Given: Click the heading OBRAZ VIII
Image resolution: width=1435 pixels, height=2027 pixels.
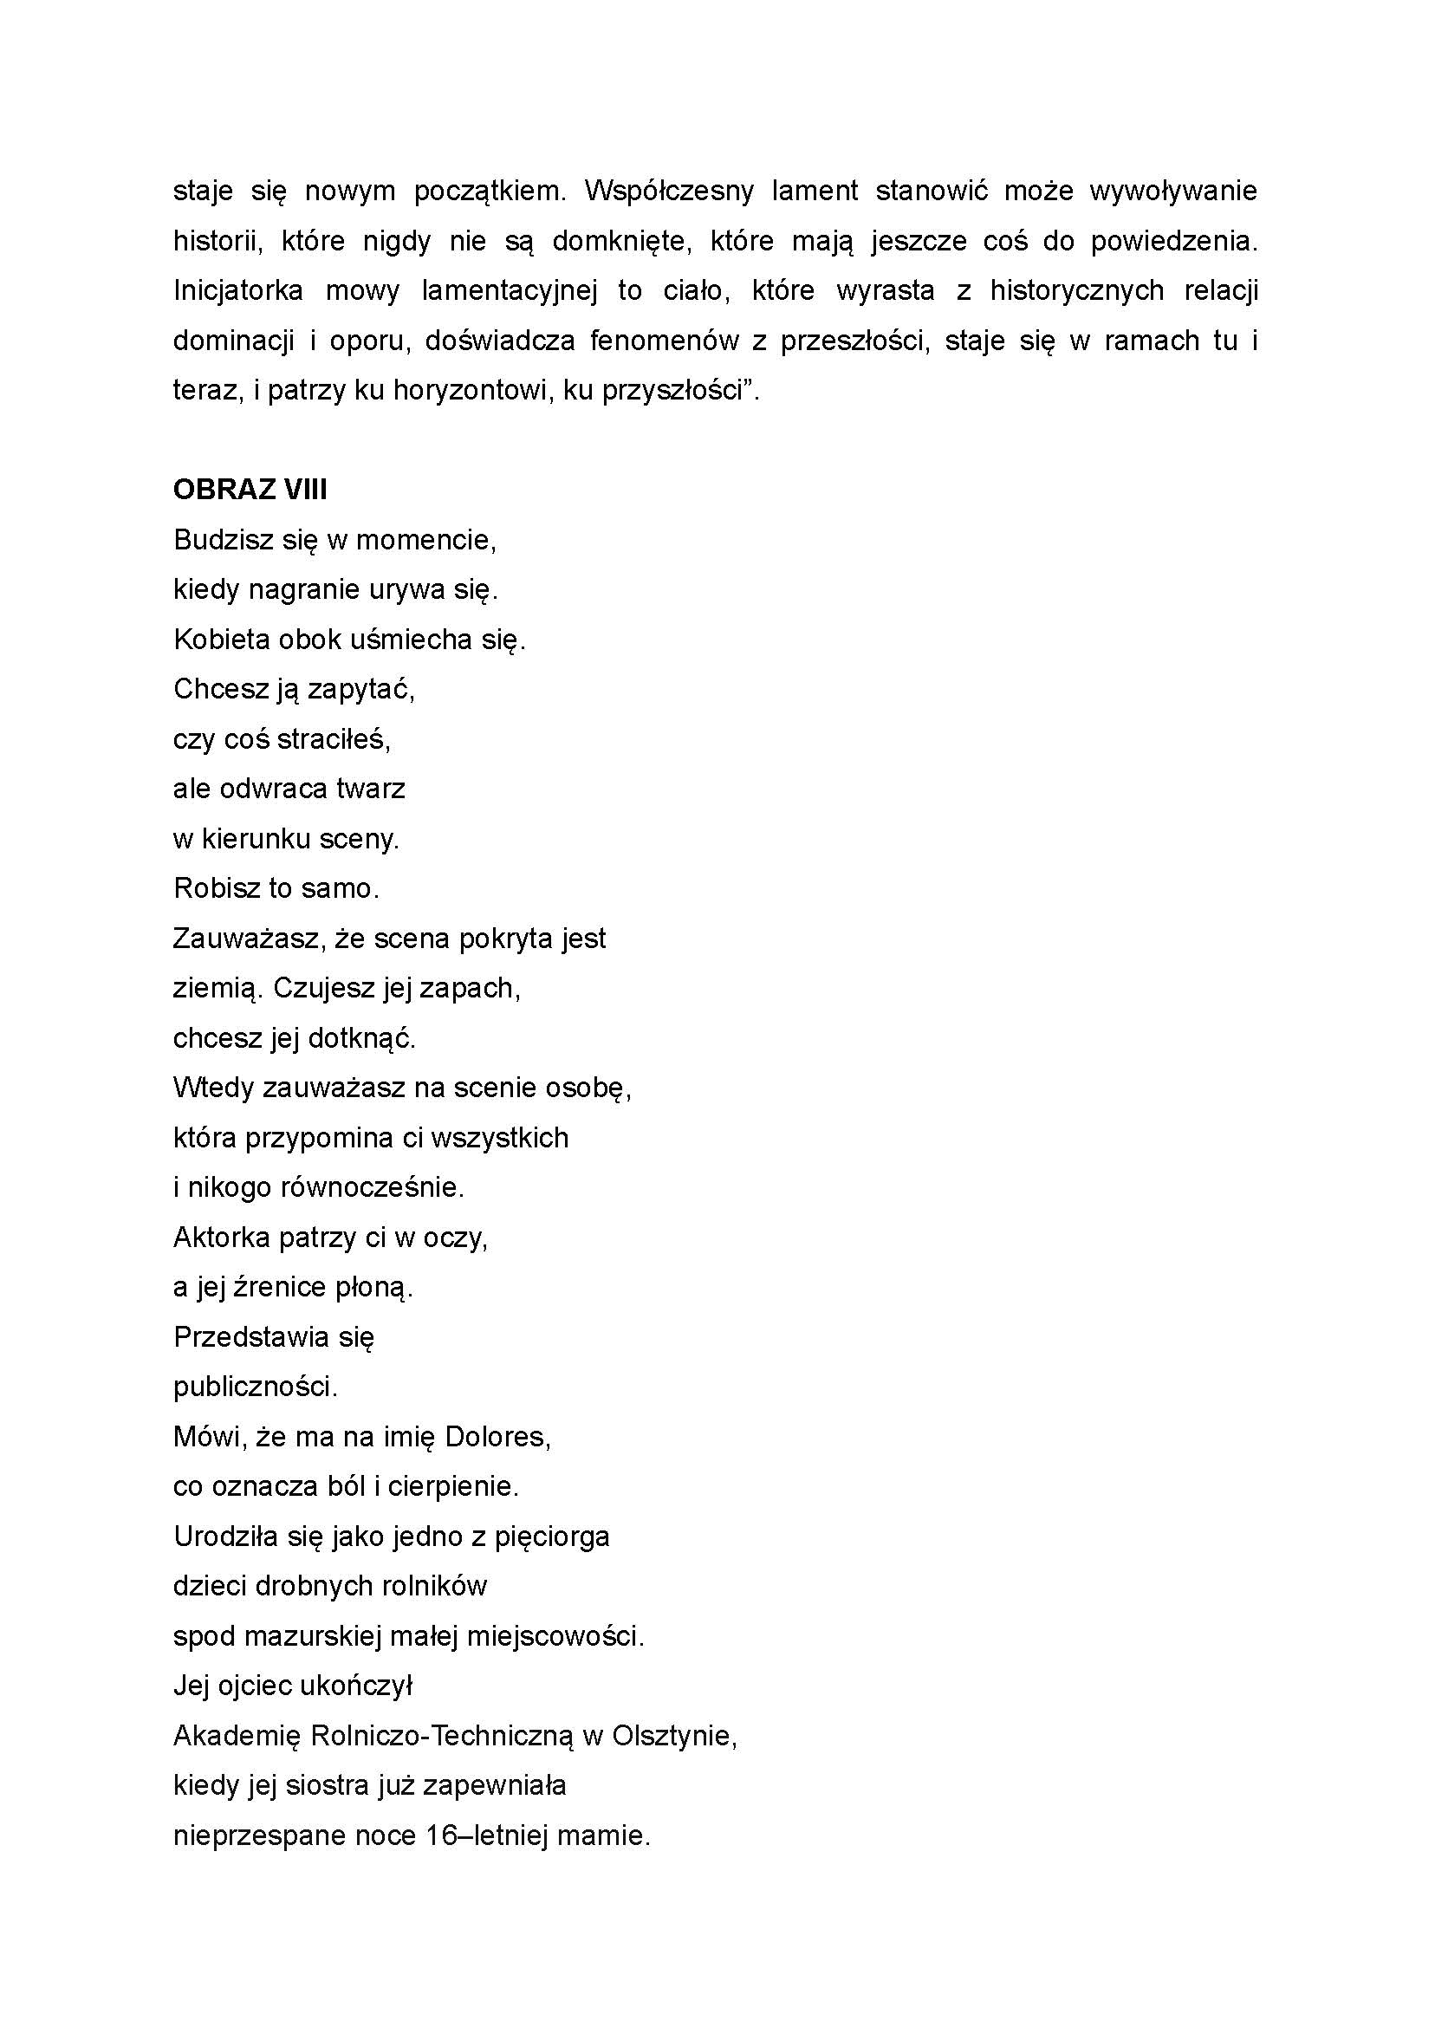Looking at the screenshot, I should pyautogui.click(x=250, y=490).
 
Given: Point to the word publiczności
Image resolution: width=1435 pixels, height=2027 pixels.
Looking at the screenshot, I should pyautogui.click(x=256, y=1387).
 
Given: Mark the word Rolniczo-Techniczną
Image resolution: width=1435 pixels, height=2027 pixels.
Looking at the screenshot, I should pyautogui.click(x=442, y=1736).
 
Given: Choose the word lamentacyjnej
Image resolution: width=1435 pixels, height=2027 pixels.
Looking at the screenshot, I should pyautogui.click(x=508, y=290).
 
